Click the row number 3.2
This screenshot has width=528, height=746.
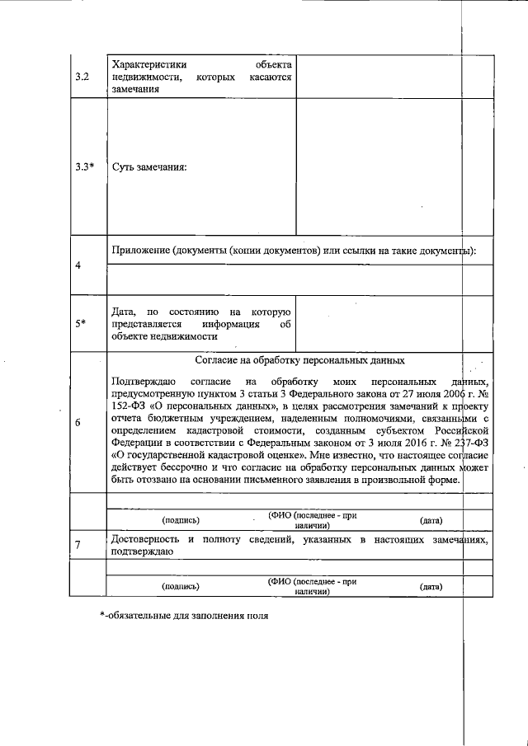point(81,76)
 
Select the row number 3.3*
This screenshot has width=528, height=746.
point(83,167)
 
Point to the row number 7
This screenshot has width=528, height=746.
point(78,546)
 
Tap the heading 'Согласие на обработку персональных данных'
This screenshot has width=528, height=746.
point(299,360)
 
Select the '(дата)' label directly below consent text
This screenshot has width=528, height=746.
point(430,520)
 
